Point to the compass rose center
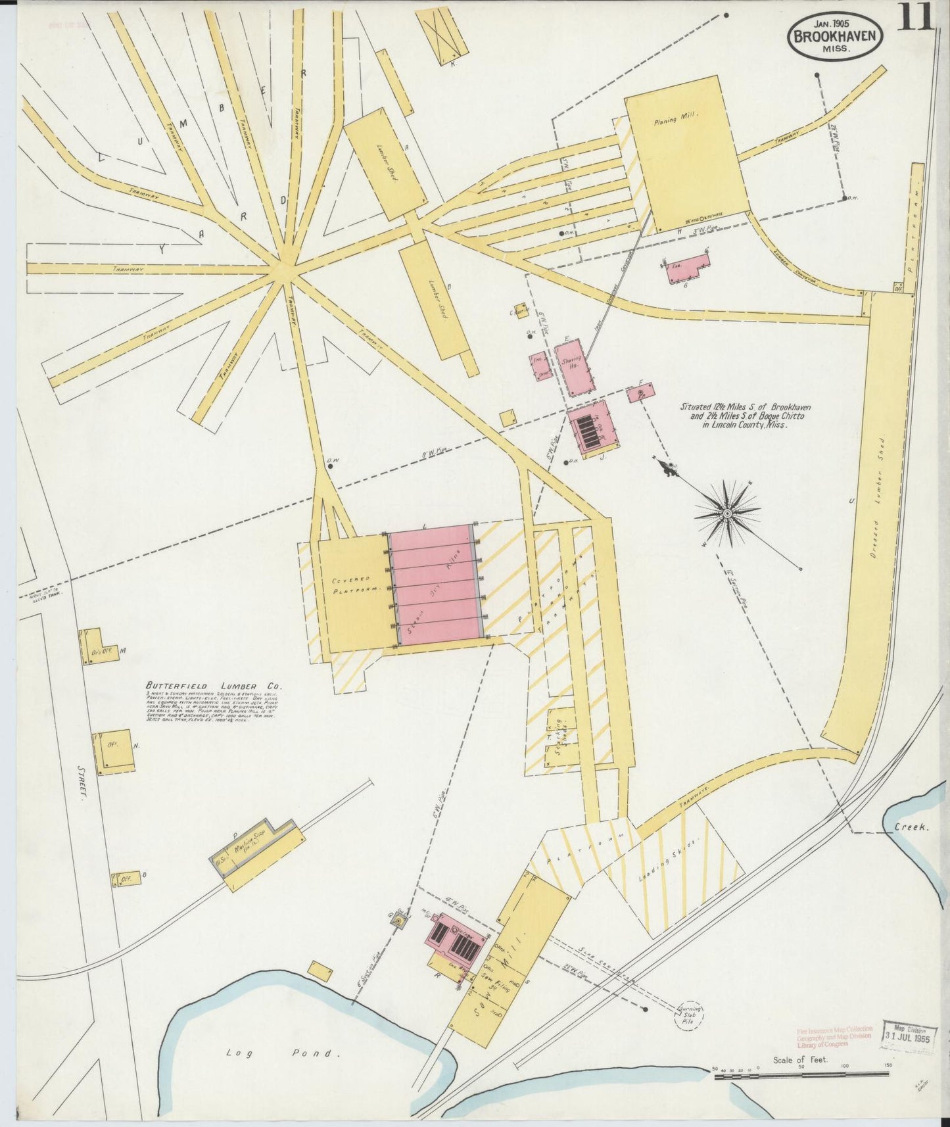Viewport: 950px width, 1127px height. (728, 512)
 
